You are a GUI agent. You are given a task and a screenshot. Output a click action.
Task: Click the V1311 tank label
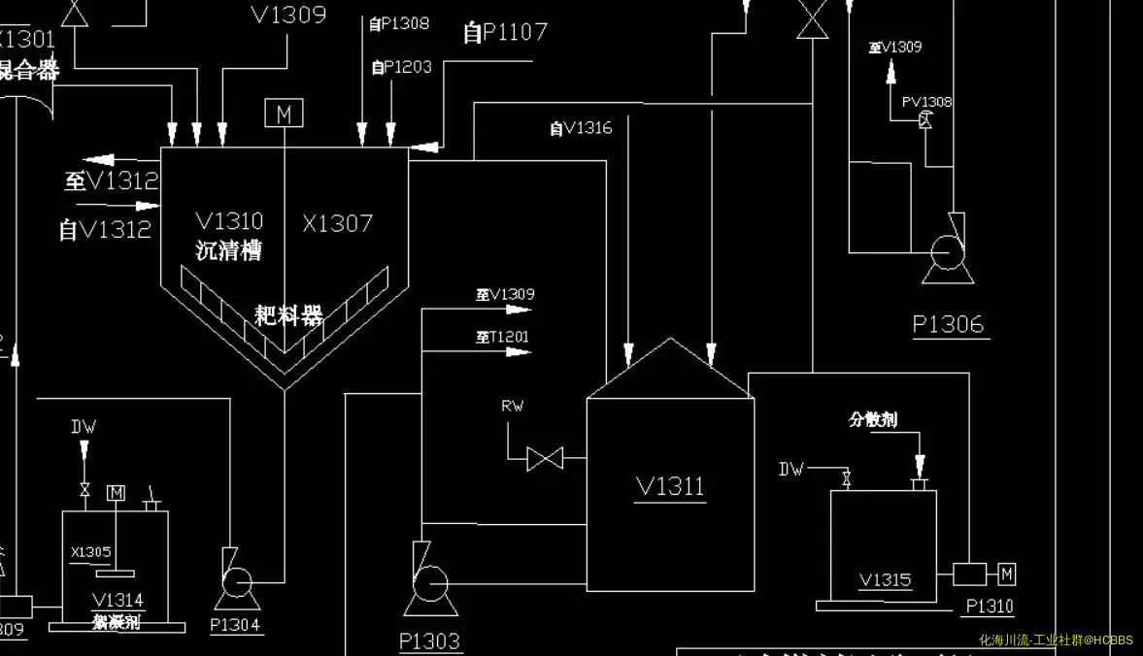pos(670,485)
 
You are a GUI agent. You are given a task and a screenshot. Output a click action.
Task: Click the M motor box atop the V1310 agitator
pos(284,114)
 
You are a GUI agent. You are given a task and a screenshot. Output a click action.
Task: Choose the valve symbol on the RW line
pos(545,457)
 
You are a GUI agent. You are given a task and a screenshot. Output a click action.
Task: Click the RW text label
pos(512,406)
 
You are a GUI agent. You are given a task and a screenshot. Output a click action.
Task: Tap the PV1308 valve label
pos(926,102)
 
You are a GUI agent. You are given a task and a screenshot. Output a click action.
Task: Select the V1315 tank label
pos(885,579)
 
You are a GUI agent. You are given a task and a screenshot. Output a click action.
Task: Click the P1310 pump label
pos(989,607)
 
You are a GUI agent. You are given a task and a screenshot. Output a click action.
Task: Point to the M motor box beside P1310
pos(1006,574)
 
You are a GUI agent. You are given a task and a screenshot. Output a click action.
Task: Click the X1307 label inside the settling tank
pos(337,223)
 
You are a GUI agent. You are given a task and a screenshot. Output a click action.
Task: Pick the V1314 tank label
pos(118,600)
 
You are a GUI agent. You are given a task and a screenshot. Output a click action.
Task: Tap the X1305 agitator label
pos(91,552)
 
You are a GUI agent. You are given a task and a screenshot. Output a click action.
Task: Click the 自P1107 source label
pos(505,33)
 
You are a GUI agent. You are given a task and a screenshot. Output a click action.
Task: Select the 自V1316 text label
pos(581,127)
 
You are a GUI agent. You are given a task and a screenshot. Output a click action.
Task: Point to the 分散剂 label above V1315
pos(872,419)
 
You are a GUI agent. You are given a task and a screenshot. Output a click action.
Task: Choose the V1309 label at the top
pos(288,15)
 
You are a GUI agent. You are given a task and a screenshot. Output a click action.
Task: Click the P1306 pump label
pos(948,324)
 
